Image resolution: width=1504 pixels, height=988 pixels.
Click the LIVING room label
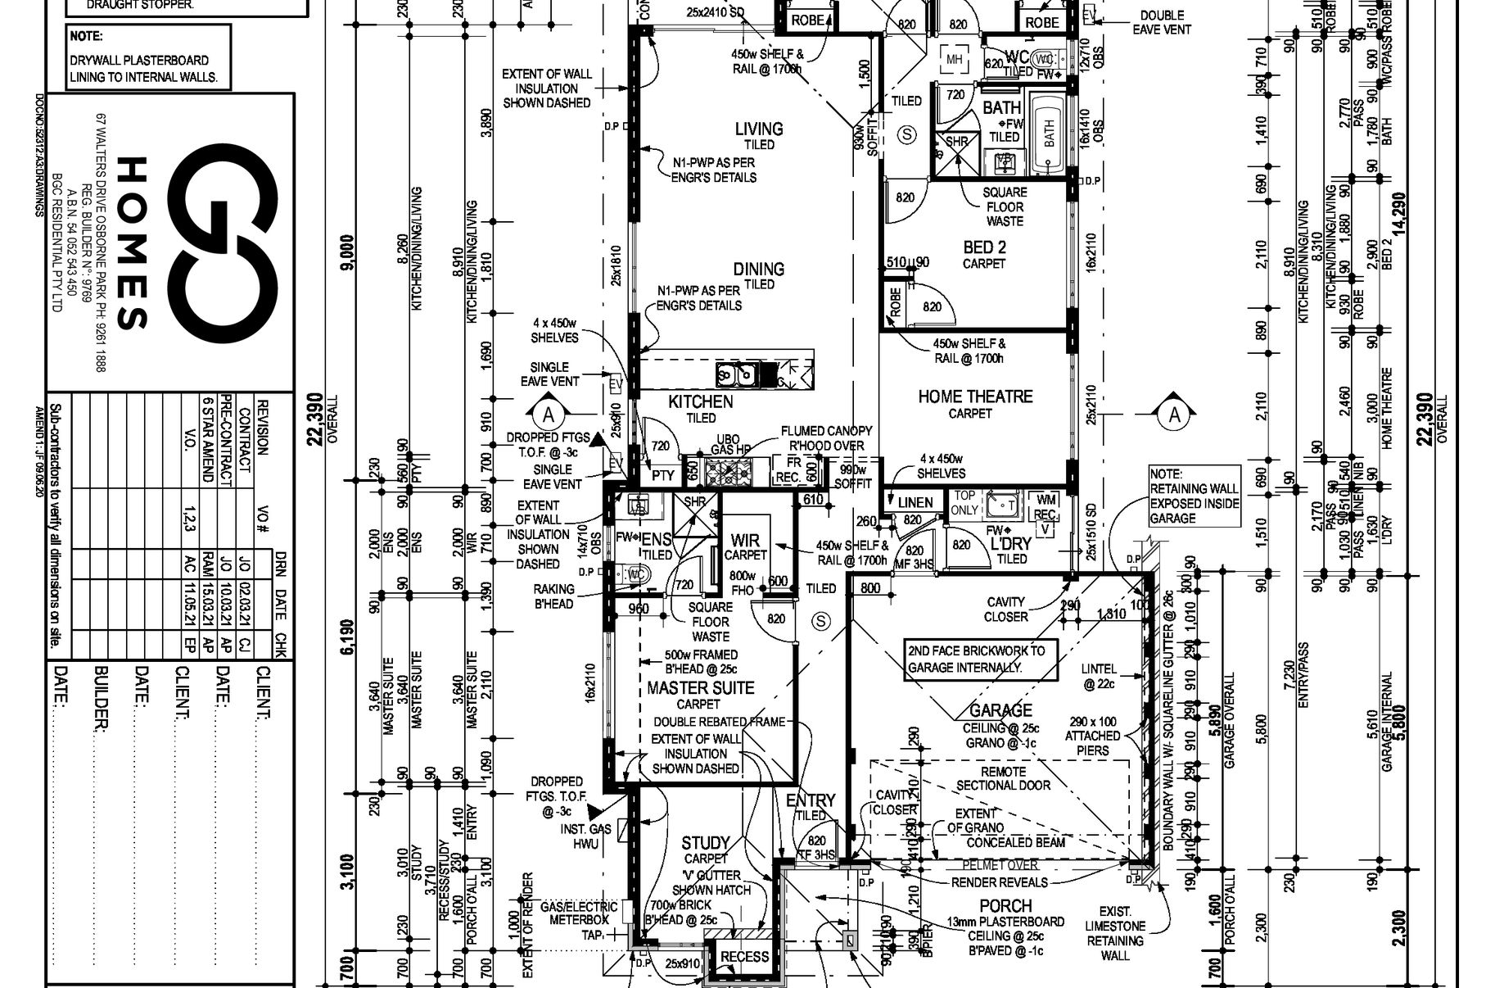pos(759,129)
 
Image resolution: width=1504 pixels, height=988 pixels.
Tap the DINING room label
pos(758,269)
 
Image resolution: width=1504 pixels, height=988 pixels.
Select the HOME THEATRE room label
pos(975,397)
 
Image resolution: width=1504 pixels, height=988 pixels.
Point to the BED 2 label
pos(984,247)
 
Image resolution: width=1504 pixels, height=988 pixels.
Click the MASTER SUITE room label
pos(700,688)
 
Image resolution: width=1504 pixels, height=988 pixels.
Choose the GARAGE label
pos(1000,710)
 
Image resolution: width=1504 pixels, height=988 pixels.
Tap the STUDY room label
pos(705,843)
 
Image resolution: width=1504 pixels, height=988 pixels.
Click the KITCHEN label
pos(700,401)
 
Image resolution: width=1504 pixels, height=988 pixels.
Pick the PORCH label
pos(1005,905)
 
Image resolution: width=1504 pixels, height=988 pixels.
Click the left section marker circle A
pos(549,415)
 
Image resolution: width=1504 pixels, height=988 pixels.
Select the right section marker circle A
pos(1175,415)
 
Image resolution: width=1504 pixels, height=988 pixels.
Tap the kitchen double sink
pos(736,374)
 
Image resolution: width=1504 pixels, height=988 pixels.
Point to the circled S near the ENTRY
pos(820,621)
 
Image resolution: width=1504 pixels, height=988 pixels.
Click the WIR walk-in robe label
pos(744,541)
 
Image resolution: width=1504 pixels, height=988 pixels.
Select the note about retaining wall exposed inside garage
pos(1194,496)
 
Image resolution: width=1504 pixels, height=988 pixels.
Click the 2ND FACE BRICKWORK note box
pos(976,659)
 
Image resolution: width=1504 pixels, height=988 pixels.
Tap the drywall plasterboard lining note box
pos(148,57)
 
